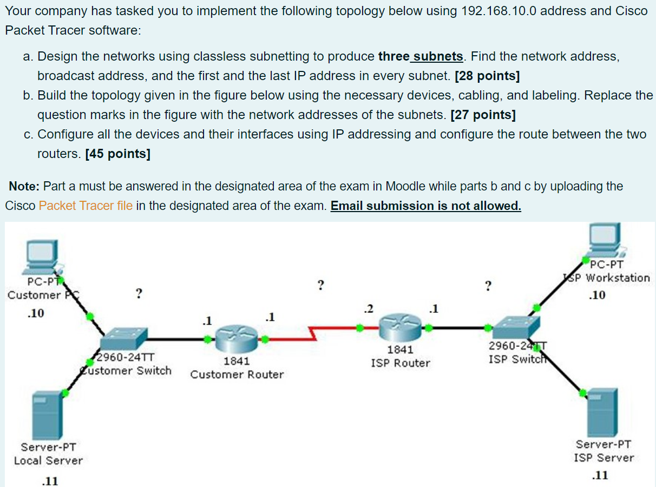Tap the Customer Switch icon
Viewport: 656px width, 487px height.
coord(123,339)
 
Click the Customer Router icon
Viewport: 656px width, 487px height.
coord(237,339)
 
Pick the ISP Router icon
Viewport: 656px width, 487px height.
coord(400,327)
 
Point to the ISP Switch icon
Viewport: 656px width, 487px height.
coord(516,327)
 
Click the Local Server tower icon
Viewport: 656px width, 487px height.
coord(47,416)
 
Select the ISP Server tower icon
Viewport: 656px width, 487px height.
coord(602,412)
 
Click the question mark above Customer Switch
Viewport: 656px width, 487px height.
coord(139,294)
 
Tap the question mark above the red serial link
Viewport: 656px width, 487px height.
coord(321,285)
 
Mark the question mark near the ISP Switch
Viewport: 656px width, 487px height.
coord(488,286)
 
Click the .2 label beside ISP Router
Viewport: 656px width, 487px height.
coord(369,308)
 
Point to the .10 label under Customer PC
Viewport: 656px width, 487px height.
coord(36,313)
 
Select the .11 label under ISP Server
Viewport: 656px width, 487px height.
coord(600,475)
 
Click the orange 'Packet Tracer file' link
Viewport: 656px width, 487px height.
coord(86,206)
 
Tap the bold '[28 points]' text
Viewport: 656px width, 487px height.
coord(487,76)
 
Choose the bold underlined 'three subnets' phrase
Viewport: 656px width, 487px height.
coord(421,56)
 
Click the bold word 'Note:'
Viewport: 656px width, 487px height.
coord(24,186)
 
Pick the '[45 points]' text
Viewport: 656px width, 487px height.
coord(117,154)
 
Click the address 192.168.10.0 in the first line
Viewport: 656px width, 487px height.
coord(498,11)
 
